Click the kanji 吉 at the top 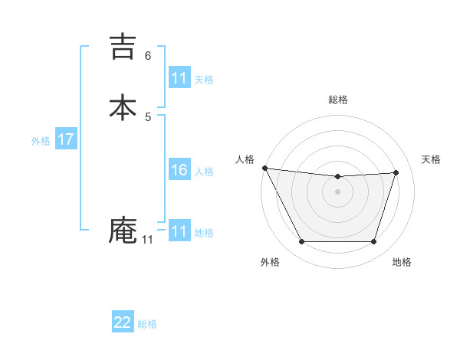point(123,46)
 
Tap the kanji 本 point(123,107)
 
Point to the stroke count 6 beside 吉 point(148,55)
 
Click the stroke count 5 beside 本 point(148,116)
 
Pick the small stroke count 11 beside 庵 point(147,240)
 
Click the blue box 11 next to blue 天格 point(179,78)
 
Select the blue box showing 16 point(179,170)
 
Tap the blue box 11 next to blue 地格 point(179,231)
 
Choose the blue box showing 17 point(66,139)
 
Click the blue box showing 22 point(123,323)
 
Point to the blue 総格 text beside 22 point(147,324)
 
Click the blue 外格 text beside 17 point(41,140)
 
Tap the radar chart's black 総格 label point(338,100)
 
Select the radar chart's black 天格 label point(431,159)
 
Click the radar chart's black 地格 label point(402,262)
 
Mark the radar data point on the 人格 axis point(264,168)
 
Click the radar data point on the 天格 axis point(396,172)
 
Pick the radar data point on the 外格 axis point(301,242)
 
